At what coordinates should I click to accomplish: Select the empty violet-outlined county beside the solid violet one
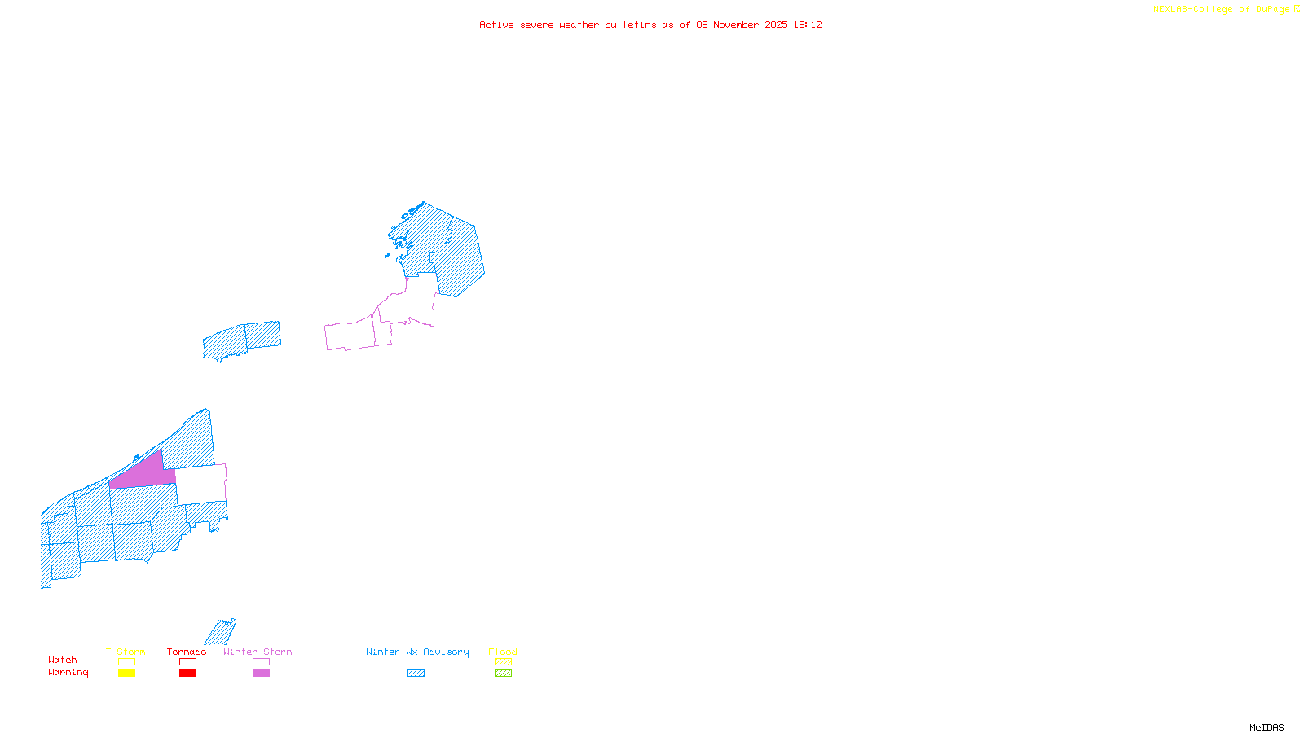(x=200, y=484)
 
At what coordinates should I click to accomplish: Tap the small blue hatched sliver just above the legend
(x=220, y=632)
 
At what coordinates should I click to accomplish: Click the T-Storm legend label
(x=126, y=652)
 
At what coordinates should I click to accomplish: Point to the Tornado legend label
(x=187, y=652)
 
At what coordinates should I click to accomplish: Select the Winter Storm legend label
(x=258, y=652)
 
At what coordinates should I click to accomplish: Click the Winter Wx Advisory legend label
(x=417, y=652)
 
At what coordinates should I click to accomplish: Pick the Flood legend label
(x=503, y=652)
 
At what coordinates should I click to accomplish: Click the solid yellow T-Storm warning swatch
(x=126, y=674)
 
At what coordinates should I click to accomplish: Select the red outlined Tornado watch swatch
(x=187, y=662)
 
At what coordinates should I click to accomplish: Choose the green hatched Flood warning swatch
(x=503, y=674)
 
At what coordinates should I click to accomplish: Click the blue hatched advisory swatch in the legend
(x=416, y=674)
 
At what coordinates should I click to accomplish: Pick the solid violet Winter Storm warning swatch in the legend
(x=261, y=674)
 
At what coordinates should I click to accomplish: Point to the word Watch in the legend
(x=63, y=660)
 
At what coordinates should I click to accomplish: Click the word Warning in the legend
(x=68, y=673)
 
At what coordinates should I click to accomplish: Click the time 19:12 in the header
(x=808, y=24)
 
